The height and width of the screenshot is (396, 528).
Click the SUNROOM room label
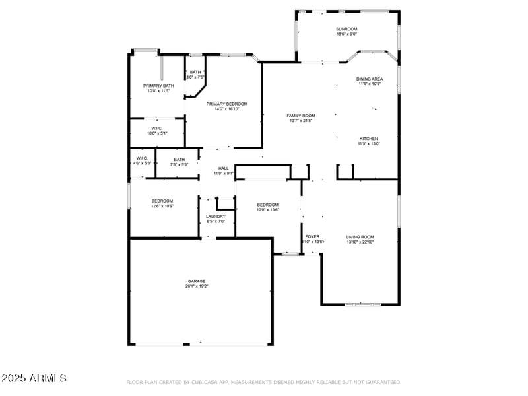(x=346, y=29)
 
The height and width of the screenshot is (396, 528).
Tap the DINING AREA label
(x=370, y=79)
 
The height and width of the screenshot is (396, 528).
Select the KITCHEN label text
(x=369, y=138)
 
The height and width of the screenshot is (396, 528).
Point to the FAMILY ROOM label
(x=300, y=115)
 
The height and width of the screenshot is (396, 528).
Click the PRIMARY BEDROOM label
(x=226, y=104)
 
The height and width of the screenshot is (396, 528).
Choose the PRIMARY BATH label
(x=158, y=86)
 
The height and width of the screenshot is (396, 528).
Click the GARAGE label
(x=197, y=281)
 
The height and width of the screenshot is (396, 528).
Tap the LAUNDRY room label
(x=216, y=216)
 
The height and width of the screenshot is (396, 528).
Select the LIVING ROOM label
(x=360, y=236)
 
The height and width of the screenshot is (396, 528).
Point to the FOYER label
(x=312, y=236)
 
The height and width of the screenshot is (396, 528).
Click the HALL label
(x=223, y=168)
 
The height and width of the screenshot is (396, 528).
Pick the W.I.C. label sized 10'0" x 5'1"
(x=157, y=128)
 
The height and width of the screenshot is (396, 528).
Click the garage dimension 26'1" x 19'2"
(x=197, y=286)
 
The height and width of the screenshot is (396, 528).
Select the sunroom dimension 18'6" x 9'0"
(x=346, y=34)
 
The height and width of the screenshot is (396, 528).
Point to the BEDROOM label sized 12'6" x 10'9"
(x=162, y=201)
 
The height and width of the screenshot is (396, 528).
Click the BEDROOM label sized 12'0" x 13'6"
(x=268, y=205)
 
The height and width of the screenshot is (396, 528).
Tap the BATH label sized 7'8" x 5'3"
(x=180, y=159)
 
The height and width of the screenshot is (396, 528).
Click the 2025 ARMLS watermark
(x=34, y=378)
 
